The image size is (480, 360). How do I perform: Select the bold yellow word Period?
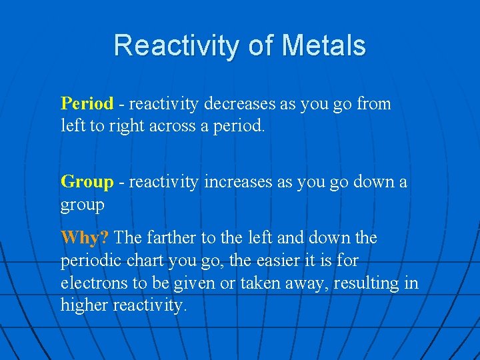tap(87, 104)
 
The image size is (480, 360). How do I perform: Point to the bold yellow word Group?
tap(87, 182)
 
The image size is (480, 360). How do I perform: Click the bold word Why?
tap(85, 238)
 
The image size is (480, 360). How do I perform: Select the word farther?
tap(175, 238)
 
